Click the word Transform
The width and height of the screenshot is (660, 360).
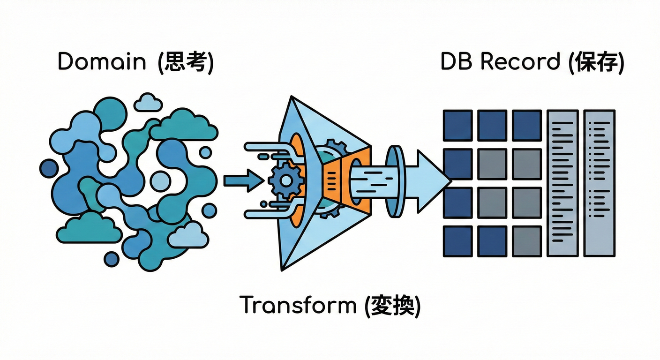[x=298, y=305]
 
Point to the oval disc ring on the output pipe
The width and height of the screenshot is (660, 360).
[x=395, y=180]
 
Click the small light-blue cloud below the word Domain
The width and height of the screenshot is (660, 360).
[x=148, y=103]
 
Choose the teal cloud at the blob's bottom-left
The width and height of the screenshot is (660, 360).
[x=90, y=228]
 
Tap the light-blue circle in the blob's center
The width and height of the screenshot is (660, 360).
[x=160, y=181]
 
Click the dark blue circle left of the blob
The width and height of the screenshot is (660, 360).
[x=49, y=168]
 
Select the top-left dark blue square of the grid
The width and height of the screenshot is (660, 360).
[x=457, y=125]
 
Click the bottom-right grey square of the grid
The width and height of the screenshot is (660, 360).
[x=527, y=241]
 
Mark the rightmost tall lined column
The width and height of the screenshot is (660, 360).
[x=599, y=183]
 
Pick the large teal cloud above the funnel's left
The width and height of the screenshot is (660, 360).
[x=183, y=125]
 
